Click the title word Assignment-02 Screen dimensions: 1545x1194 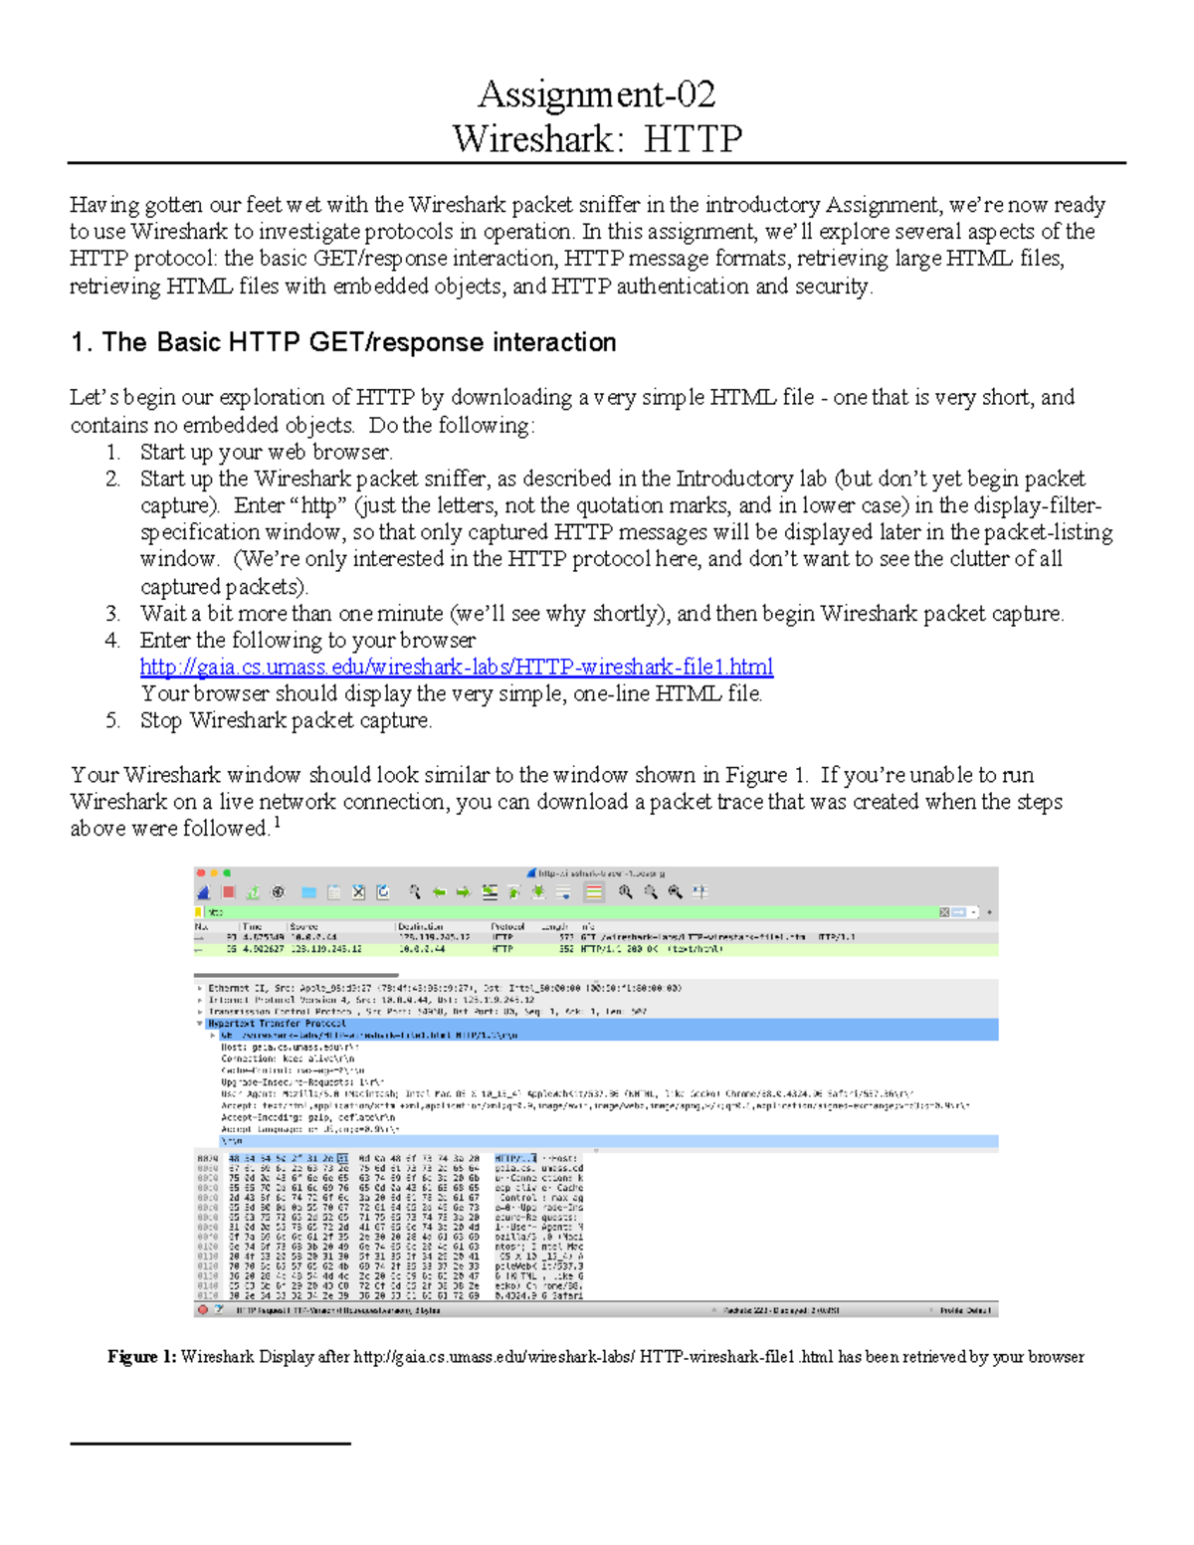(x=596, y=95)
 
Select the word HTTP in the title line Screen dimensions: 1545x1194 (x=693, y=138)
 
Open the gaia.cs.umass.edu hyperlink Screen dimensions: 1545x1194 (x=456, y=667)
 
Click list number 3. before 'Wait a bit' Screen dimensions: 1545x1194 (x=112, y=614)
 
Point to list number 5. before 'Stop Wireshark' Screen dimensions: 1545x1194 (x=112, y=721)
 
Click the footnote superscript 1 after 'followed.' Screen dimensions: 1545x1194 (x=276, y=823)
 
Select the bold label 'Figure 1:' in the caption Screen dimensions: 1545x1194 (x=141, y=1357)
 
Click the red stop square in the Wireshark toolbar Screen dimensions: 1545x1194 (x=228, y=892)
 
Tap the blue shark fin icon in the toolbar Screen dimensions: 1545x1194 (x=204, y=892)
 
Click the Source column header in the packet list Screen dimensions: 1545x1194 (x=303, y=926)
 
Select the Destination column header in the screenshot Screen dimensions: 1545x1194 (x=420, y=926)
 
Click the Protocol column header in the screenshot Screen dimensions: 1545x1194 (x=507, y=926)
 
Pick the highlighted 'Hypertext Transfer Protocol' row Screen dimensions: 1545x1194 (x=277, y=1023)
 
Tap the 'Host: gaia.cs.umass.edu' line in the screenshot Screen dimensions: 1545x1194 (x=289, y=1047)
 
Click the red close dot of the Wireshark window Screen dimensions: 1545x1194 (x=200, y=873)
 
